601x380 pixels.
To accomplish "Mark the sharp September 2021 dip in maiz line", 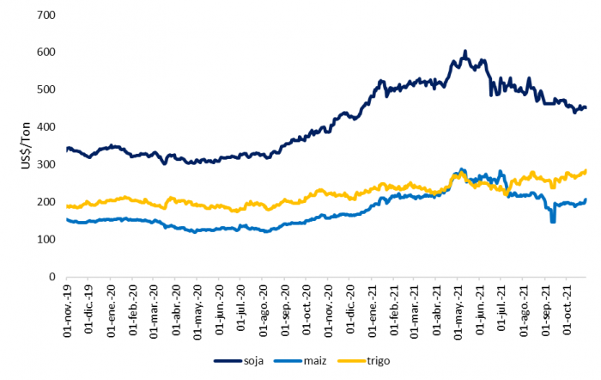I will (x=553, y=222).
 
